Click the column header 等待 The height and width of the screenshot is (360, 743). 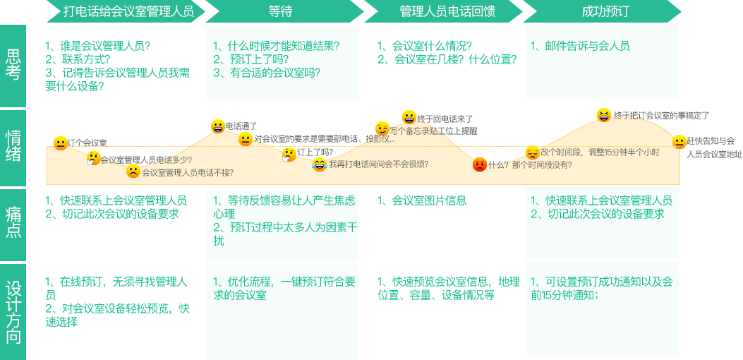pos(280,11)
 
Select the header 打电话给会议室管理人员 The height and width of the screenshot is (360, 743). pos(128,11)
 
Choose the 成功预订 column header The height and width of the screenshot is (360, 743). pos(605,11)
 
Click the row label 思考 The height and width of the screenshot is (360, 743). pos(13,64)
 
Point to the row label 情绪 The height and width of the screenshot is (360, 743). pos(13,145)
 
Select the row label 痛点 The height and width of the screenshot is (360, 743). pos(13,222)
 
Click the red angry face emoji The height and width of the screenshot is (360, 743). pos(479,164)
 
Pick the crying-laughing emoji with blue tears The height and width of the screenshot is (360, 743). pos(320,164)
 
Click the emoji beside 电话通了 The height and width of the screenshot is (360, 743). pos(218,126)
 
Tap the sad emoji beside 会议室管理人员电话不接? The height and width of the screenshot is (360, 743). pos(133,171)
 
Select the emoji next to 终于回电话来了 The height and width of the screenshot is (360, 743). pos(409,117)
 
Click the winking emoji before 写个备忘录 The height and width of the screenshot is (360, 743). pos(382,128)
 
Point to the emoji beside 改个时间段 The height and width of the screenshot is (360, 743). pos(533,152)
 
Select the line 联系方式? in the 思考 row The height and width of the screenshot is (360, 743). pos(78,59)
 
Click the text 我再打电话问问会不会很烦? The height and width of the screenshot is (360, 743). pos(378,164)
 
